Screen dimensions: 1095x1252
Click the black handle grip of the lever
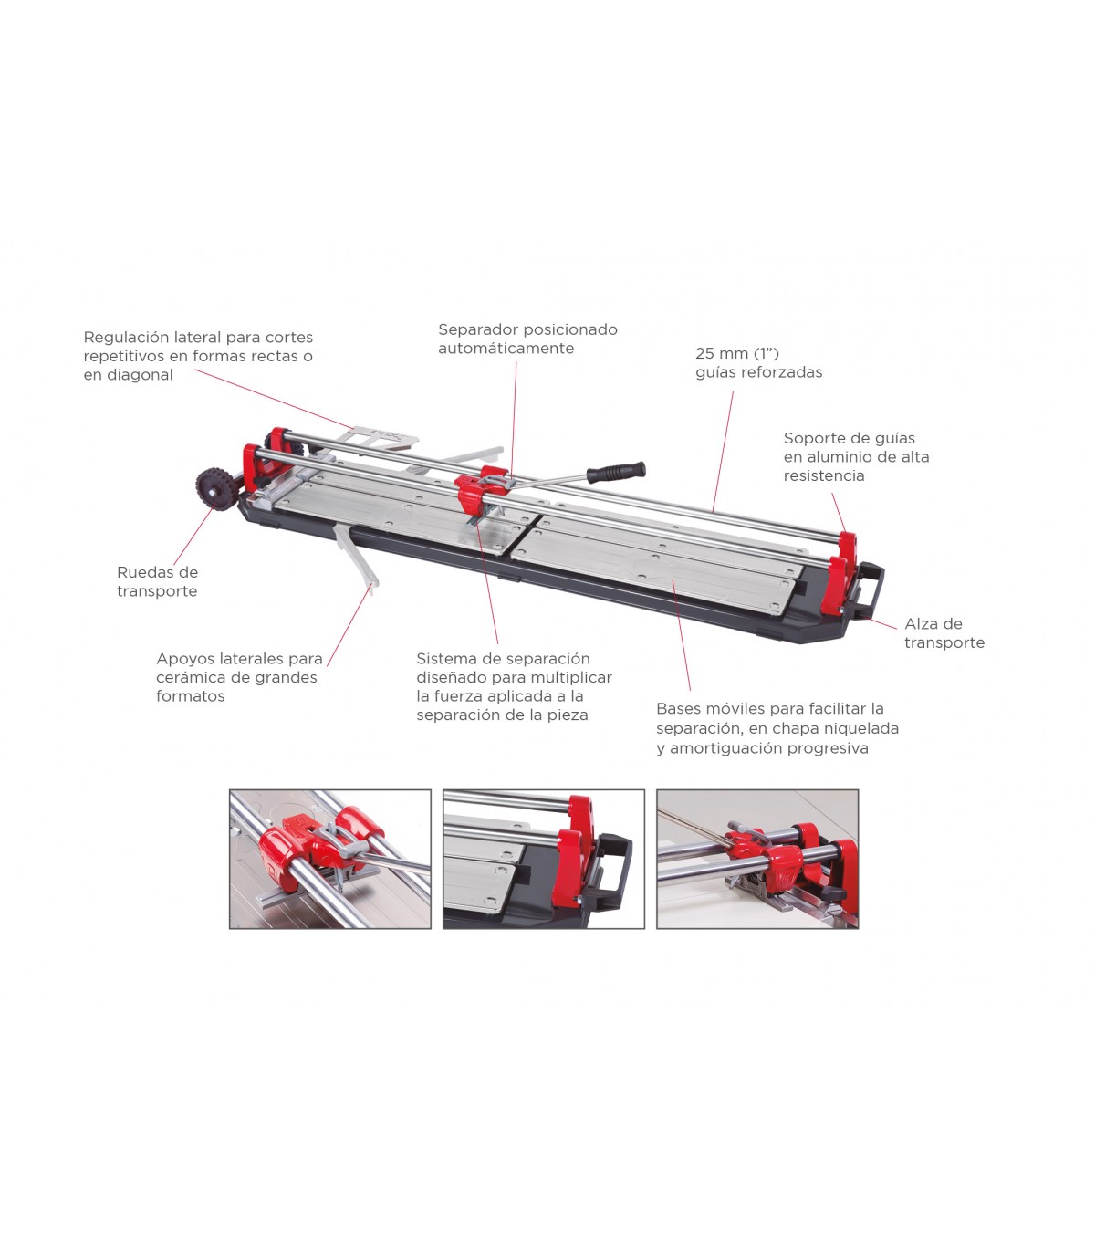pyautogui.click(x=615, y=471)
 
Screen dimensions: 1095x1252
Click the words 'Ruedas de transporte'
pyautogui.click(x=157, y=581)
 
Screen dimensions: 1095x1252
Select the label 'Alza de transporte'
pyautogui.click(x=944, y=632)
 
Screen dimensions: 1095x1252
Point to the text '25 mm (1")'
pyautogui.click(x=736, y=353)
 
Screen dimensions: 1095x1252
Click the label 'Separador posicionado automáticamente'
pyautogui.click(x=527, y=339)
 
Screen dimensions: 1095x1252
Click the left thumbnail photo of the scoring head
pyautogui.click(x=329, y=859)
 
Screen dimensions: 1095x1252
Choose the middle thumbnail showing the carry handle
pyautogui.click(x=543, y=859)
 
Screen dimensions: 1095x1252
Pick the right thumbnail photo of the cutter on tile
pyautogui.click(x=757, y=859)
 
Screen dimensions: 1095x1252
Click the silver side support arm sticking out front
pyautogui.click(x=357, y=554)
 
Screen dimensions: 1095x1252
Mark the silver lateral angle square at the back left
pyautogui.click(x=380, y=437)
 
